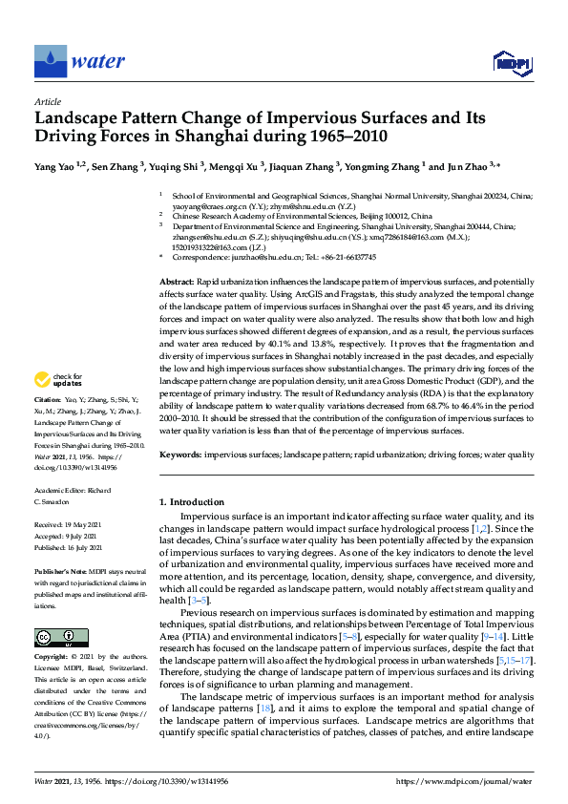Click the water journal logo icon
coord(50,61)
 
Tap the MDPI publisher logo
coord(511,63)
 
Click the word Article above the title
coord(48,100)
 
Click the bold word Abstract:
coord(176,285)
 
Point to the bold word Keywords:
coord(180,455)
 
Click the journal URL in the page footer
coord(467,781)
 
